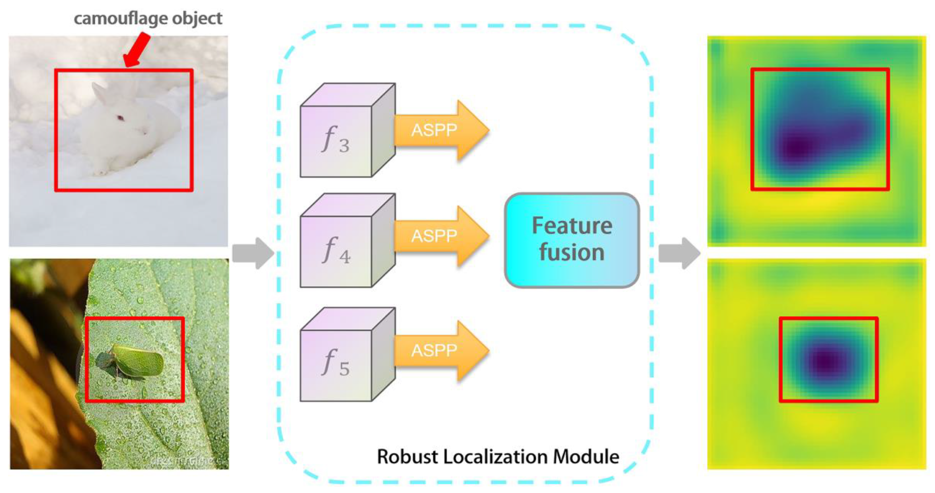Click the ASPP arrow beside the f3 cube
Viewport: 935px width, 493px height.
coord(439,130)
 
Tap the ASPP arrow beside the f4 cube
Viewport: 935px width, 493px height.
coord(439,236)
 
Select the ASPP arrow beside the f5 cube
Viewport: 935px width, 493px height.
coord(439,350)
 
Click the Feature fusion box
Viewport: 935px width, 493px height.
coord(572,240)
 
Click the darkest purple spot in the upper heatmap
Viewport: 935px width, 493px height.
coord(797,147)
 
